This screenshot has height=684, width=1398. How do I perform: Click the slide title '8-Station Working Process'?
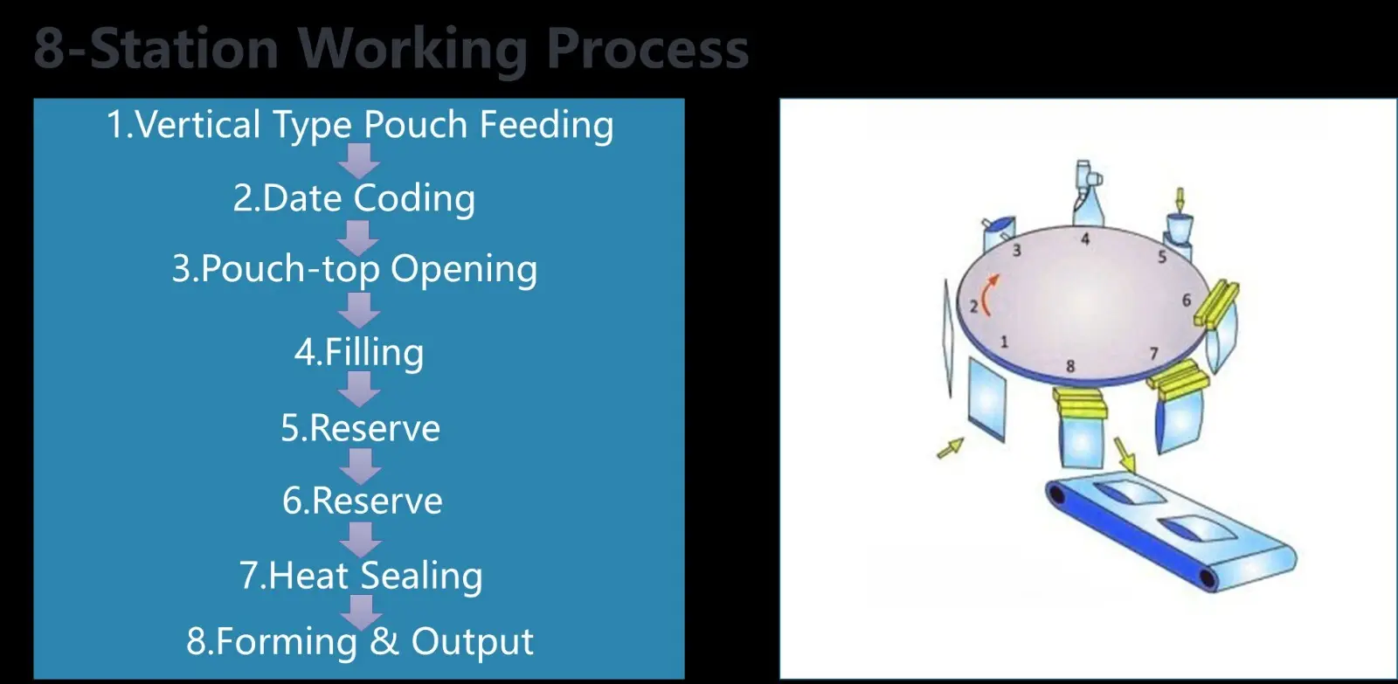point(391,48)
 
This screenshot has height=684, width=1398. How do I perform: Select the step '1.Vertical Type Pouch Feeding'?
point(359,125)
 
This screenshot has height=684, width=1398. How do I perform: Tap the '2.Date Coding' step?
point(354,198)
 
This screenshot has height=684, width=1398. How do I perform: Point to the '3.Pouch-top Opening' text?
point(354,269)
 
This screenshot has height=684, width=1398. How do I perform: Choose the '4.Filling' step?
point(359,352)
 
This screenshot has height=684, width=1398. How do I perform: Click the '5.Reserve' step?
point(360,428)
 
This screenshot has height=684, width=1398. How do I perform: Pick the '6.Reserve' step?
point(362,501)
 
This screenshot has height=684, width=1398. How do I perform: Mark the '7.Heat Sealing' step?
point(361,576)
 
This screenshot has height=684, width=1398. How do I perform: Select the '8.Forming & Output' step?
point(359,641)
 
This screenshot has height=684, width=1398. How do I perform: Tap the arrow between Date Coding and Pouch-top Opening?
point(357,236)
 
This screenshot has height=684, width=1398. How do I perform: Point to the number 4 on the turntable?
point(1085,238)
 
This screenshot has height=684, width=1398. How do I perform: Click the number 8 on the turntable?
point(1070,366)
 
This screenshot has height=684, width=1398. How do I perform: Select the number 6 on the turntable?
point(1187,300)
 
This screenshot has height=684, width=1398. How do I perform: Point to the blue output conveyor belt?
point(1171,533)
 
